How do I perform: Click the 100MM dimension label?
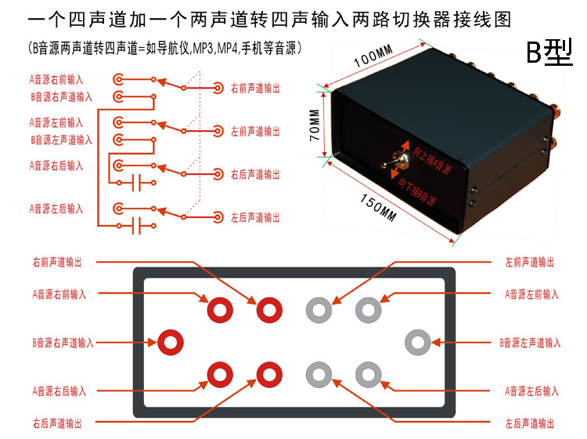point(373,57)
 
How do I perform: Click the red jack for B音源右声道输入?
point(171,342)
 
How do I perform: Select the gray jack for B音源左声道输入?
point(417,342)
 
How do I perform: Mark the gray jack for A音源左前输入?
point(369,310)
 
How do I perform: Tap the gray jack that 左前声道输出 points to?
point(319,310)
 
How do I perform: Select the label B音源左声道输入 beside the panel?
point(529,343)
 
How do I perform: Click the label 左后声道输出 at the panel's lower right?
point(529,423)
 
